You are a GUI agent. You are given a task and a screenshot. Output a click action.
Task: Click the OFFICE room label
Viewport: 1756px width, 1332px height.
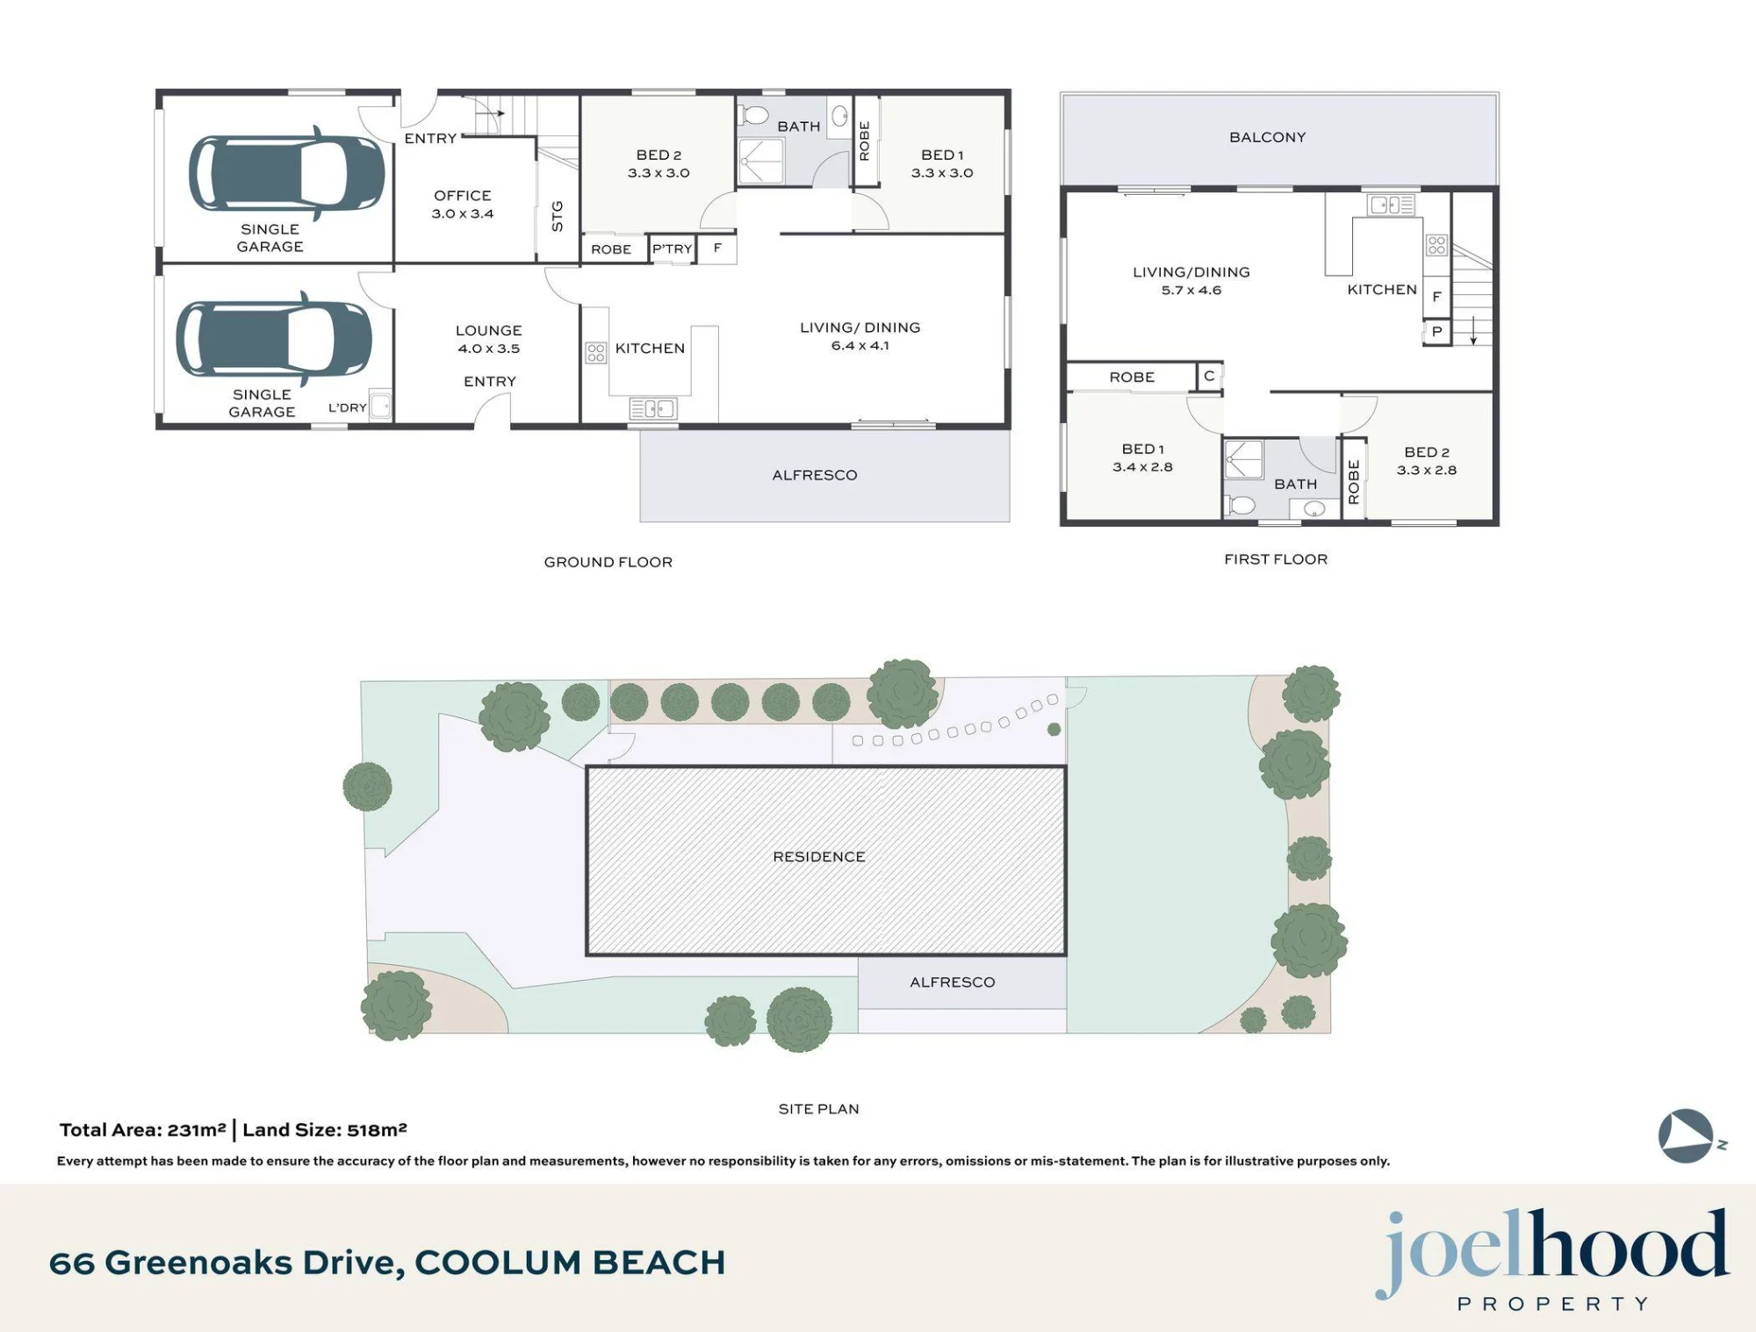point(463,195)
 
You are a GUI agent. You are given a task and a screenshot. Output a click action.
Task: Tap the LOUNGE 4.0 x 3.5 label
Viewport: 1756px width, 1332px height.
point(489,339)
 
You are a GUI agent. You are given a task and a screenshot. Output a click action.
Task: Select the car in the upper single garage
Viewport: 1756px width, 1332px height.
point(286,173)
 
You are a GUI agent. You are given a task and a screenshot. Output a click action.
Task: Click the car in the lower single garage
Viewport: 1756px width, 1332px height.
point(274,338)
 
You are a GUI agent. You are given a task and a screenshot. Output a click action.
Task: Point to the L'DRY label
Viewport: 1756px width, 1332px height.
point(348,407)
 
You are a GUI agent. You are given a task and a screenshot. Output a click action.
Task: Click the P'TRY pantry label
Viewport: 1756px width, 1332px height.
point(673,248)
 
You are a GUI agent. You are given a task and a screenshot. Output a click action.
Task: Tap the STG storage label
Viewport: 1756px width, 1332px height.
point(557,217)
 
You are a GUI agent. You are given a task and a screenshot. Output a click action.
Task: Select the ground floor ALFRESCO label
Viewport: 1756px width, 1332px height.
point(815,475)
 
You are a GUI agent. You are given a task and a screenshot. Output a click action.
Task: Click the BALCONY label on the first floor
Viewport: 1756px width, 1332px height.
point(1268,137)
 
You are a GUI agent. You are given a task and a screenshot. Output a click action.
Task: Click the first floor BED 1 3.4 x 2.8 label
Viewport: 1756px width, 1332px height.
point(1143,457)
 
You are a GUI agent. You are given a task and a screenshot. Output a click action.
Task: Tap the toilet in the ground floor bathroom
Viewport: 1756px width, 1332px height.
point(753,115)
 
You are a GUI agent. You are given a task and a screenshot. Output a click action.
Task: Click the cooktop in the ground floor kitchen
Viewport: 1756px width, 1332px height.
point(596,352)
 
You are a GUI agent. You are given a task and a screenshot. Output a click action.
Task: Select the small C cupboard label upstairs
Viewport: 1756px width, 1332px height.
point(1209,376)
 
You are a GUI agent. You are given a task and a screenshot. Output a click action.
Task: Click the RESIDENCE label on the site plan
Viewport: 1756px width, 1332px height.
point(819,856)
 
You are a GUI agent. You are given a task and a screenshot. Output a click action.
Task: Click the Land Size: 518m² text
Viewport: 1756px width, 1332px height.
point(325,1130)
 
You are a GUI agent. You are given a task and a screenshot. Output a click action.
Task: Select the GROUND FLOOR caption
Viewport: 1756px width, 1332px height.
point(608,562)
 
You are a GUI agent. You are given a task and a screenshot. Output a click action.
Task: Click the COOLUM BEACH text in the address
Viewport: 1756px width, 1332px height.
point(570,1263)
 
